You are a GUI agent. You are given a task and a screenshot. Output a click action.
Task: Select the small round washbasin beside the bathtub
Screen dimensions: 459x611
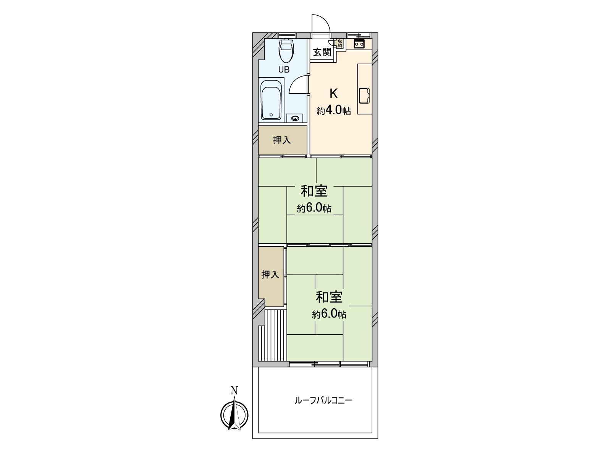(x=295, y=119)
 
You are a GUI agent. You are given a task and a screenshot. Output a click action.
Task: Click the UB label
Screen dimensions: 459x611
(x=284, y=70)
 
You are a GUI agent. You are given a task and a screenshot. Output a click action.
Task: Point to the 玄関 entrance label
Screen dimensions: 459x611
(x=322, y=52)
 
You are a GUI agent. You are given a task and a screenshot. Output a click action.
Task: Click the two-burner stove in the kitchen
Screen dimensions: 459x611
(x=359, y=44)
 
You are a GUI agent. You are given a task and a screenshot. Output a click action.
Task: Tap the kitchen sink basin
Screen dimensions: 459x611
(x=364, y=96)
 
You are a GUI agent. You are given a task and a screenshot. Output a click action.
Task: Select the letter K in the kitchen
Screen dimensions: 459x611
(x=333, y=93)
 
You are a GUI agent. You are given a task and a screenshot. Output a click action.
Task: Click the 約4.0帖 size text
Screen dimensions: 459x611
(x=333, y=111)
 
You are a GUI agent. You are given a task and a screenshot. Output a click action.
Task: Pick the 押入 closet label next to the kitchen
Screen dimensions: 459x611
(x=282, y=140)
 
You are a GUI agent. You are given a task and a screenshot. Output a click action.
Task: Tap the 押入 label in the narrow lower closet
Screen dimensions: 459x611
(x=270, y=274)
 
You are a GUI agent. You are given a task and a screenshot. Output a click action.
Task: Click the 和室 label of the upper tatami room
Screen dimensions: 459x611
(x=314, y=191)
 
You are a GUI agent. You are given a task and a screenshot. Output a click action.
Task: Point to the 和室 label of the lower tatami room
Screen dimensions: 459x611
(x=329, y=297)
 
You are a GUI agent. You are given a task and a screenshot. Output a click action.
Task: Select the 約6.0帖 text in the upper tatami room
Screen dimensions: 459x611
(x=314, y=208)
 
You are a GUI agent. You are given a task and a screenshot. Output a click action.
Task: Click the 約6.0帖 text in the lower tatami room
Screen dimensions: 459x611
(x=329, y=314)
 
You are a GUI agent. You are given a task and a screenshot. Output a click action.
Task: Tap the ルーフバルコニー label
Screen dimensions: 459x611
(x=323, y=400)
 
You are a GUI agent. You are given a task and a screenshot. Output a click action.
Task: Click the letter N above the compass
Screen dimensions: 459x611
(x=234, y=391)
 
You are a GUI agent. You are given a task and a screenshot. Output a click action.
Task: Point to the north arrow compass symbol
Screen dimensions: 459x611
(x=234, y=415)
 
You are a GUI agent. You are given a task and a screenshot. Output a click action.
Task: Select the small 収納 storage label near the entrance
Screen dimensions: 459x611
(x=339, y=43)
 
